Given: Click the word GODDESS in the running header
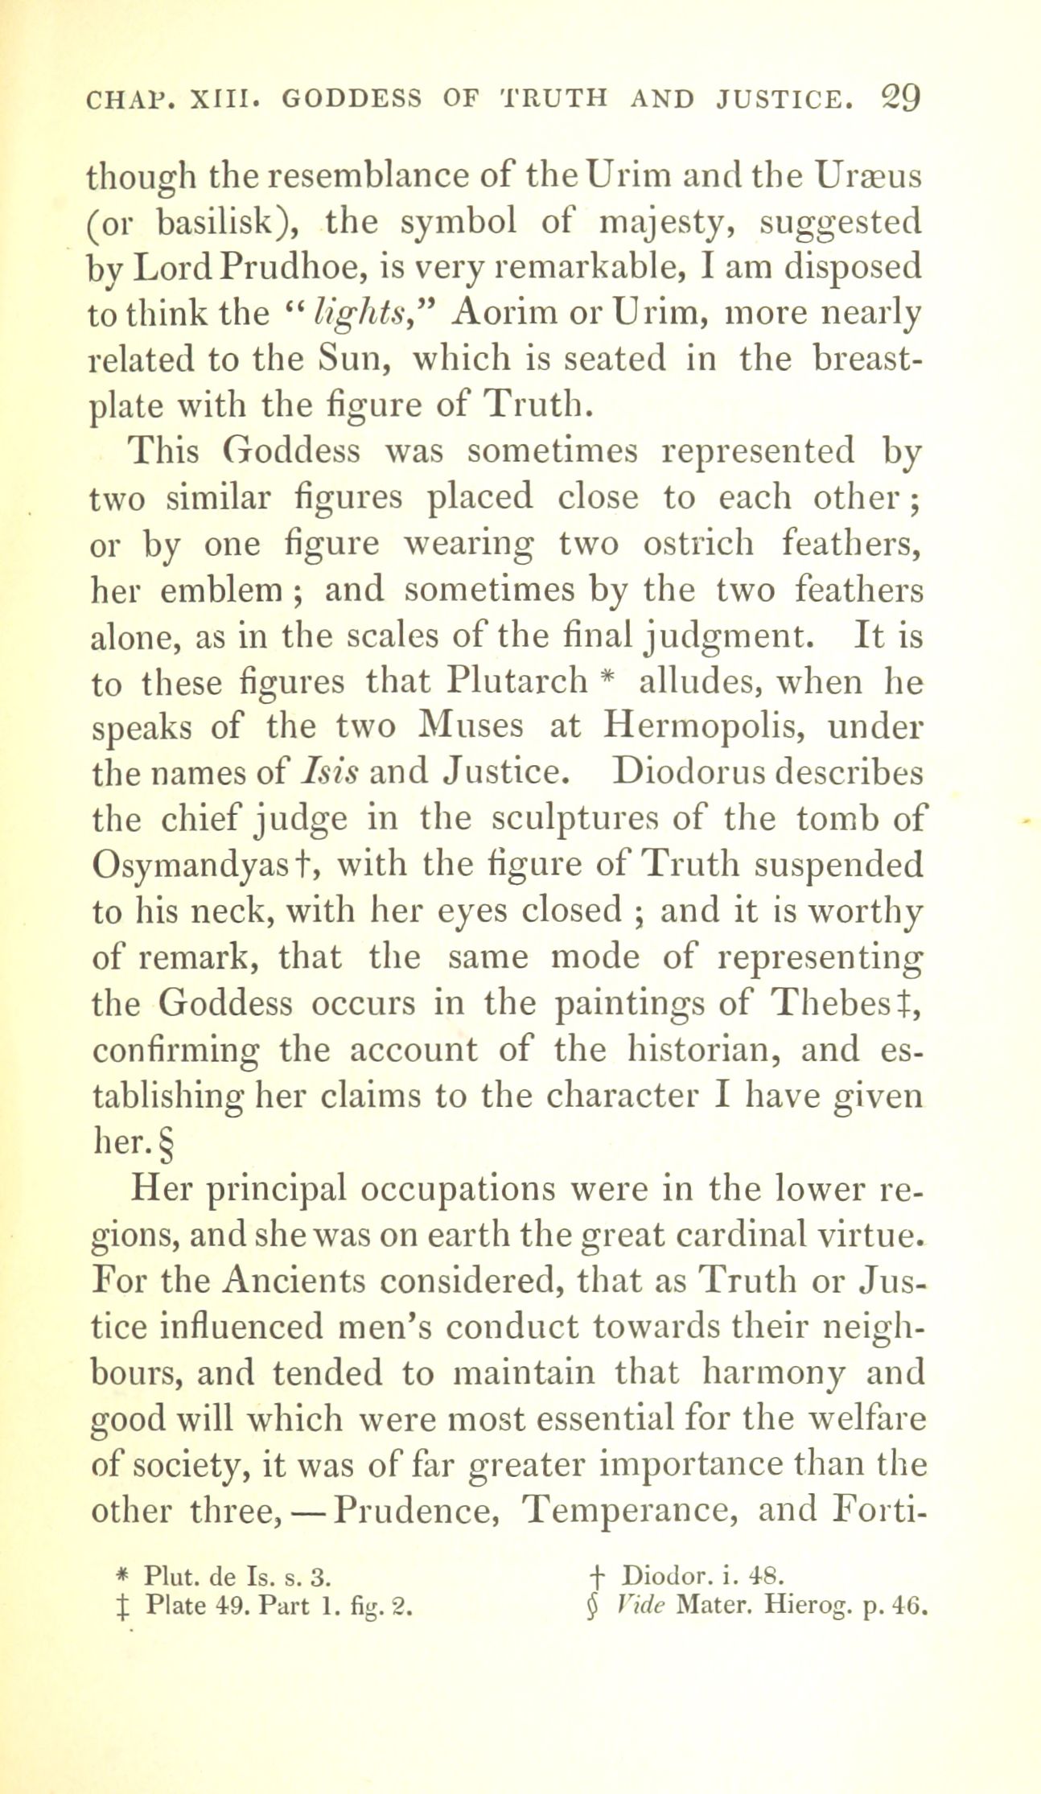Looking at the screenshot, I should pos(352,99).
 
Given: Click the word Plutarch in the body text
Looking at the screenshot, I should pos(519,682).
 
